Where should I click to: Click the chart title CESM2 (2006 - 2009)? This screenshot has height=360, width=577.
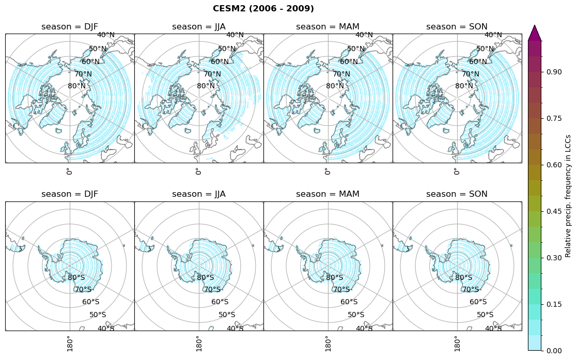pyautogui.click(x=263, y=9)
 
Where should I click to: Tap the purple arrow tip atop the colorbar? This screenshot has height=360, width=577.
pyautogui.click(x=535, y=32)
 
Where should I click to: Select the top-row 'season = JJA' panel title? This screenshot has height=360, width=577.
pyautogui.click(x=199, y=27)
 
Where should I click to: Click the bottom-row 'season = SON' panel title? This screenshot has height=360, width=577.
pyautogui.click(x=457, y=194)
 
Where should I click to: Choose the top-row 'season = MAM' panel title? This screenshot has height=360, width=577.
pyautogui.click(x=328, y=27)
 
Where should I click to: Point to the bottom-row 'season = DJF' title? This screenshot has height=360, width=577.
pyautogui.click(x=70, y=194)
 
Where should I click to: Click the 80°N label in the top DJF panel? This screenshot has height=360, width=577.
pyautogui.click(x=77, y=86)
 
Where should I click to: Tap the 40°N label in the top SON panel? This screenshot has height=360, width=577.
pyautogui.click(x=493, y=35)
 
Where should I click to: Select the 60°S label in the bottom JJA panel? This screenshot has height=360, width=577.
pyautogui.click(x=220, y=302)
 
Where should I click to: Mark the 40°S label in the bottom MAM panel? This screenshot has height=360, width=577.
pyautogui.click(x=364, y=328)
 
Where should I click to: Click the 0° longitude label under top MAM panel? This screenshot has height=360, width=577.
pyautogui.click(x=327, y=171)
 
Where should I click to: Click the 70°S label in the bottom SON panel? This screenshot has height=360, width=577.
pyautogui.click(x=471, y=290)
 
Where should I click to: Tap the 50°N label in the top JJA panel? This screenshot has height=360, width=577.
pyautogui.click(x=227, y=49)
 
